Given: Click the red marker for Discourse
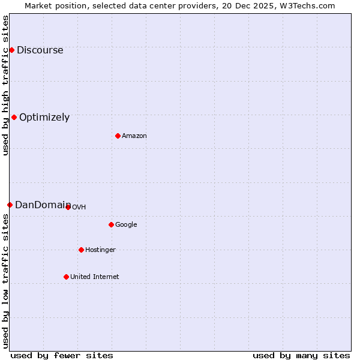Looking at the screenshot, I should click(11, 50).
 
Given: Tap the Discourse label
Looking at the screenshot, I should click(40, 50).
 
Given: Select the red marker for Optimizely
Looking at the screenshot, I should click(14, 117).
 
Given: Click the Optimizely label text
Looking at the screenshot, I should click(44, 118).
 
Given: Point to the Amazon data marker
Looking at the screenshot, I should click(118, 136).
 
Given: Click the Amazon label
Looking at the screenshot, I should click(134, 136).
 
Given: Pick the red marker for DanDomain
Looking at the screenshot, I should click(10, 205).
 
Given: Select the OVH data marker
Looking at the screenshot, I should click(68, 207).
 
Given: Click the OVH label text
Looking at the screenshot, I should click(79, 208).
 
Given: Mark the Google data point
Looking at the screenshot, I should click(111, 224).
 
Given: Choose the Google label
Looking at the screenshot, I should click(126, 225).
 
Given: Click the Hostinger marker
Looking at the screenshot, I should click(81, 250).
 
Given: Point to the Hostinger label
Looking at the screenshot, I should click(100, 250).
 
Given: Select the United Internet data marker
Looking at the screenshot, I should click(66, 277).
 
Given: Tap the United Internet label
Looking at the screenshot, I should click(94, 277).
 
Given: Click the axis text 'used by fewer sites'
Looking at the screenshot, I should click(62, 355).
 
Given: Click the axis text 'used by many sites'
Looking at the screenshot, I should click(301, 355).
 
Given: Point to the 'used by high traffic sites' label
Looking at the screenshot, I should click(5, 85).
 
